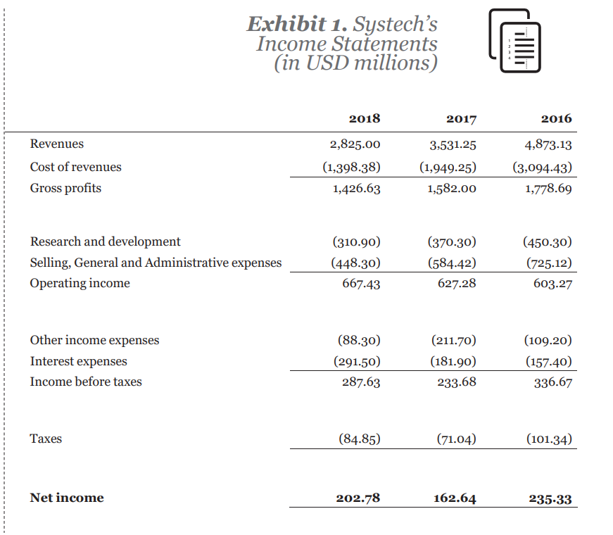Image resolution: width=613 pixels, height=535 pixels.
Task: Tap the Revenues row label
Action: pyautogui.click(x=56, y=144)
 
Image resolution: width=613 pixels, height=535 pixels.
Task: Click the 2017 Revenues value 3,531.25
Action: pyautogui.click(x=453, y=145)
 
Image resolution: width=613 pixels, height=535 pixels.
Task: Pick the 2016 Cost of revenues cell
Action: pyautogui.click(x=541, y=168)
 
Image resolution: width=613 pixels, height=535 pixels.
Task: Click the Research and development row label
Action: pyautogui.click(x=105, y=241)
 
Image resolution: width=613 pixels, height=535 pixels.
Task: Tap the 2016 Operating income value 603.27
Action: pyautogui.click(x=553, y=284)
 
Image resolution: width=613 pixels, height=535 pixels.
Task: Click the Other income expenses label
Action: pyautogui.click(x=94, y=340)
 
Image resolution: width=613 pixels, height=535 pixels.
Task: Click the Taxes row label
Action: pyautogui.click(x=46, y=439)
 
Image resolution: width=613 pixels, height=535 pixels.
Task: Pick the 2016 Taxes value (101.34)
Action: pyautogui.click(x=549, y=439)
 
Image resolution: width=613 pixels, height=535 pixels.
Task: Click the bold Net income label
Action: pyautogui.click(x=66, y=498)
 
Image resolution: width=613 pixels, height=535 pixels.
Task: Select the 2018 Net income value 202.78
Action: pyautogui.click(x=358, y=498)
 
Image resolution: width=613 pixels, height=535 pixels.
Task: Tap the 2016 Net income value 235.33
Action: pyautogui.click(x=550, y=498)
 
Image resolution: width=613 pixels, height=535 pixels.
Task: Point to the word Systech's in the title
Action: pyautogui.click(x=395, y=24)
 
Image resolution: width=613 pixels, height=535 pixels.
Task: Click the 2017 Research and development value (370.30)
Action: pyautogui.click(x=452, y=242)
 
